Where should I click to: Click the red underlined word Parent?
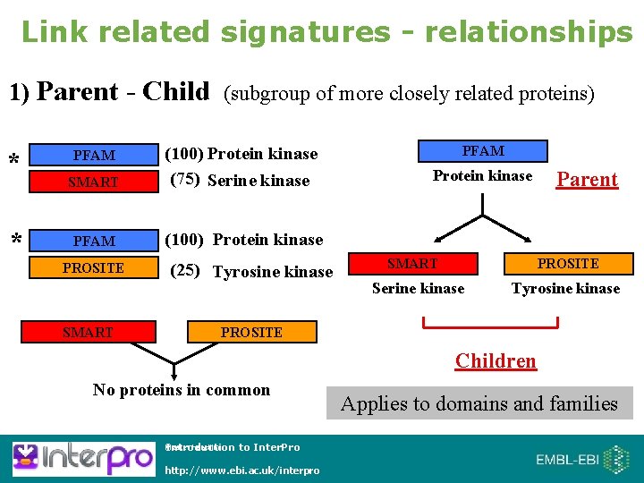(x=587, y=180)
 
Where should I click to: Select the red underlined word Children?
(x=496, y=361)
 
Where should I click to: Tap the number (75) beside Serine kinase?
(x=185, y=179)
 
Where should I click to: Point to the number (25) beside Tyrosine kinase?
(x=185, y=270)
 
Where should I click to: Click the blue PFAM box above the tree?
(x=483, y=150)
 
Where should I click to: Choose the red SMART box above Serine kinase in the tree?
(x=411, y=264)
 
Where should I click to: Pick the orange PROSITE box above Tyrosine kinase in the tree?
(x=568, y=264)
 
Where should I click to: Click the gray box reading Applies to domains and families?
(x=479, y=403)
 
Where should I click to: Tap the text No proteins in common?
(x=182, y=390)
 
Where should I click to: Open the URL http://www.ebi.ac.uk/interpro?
(x=242, y=470)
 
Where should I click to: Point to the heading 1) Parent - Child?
(x=108, y=92)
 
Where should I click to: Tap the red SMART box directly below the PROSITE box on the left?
(x=88, y=332)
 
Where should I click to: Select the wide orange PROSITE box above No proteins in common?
(x=251, y=332)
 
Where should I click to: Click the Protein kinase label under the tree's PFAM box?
(x=482, y=176)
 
